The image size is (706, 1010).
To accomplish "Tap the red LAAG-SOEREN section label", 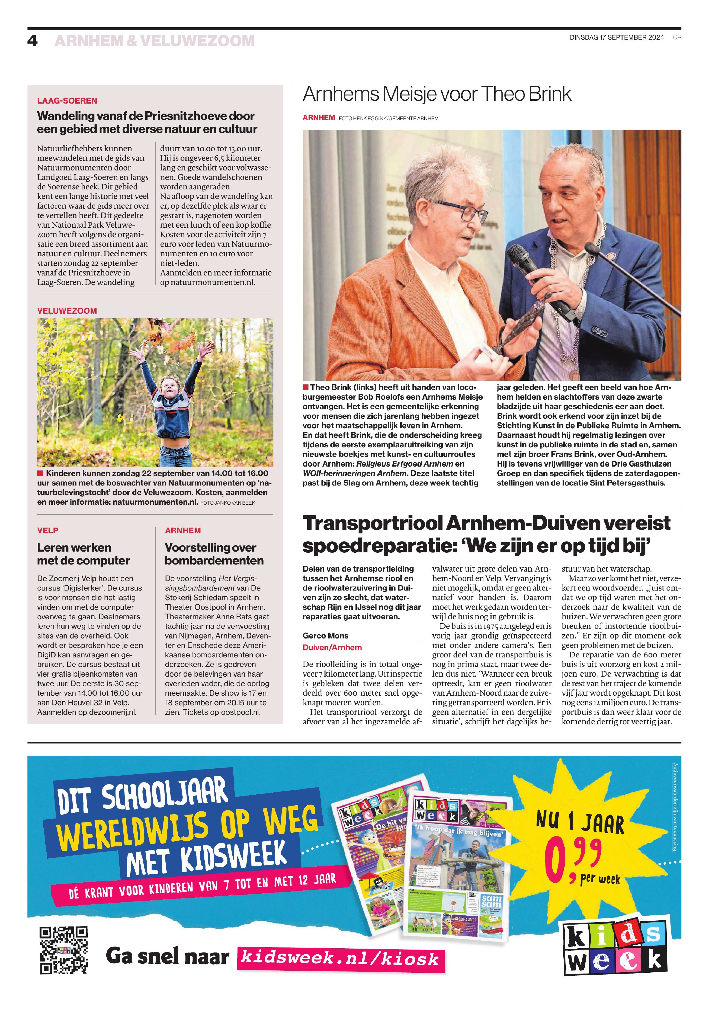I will tap(67, 101).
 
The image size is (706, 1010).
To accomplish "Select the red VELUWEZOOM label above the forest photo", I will tap(67, 310).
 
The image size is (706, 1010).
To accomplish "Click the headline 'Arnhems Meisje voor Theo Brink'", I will tap(437, 94).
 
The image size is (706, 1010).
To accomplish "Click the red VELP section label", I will tap(47, 531).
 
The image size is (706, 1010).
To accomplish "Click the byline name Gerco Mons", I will tap(325, 636).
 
